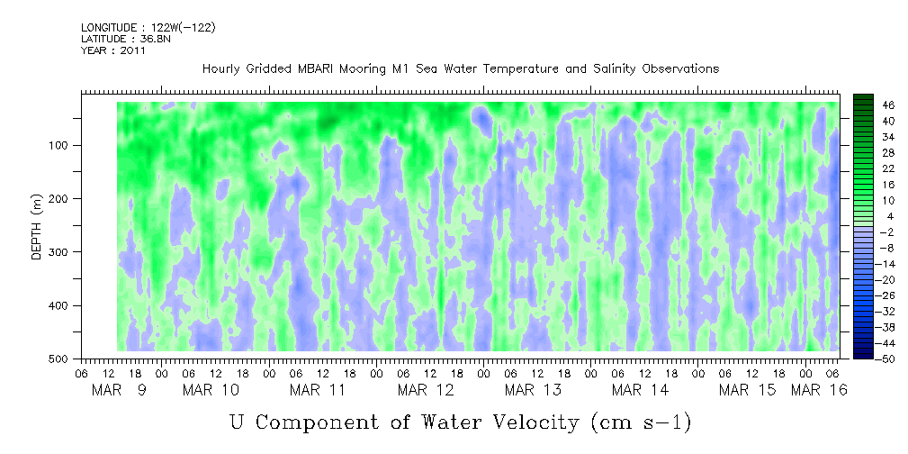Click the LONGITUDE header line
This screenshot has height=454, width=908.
[x=148, y=28]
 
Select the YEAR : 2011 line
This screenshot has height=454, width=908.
[x=112, y=50]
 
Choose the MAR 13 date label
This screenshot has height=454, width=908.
[x=533, y=390]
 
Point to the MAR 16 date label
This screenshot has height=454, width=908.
[x=818, y=390]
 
